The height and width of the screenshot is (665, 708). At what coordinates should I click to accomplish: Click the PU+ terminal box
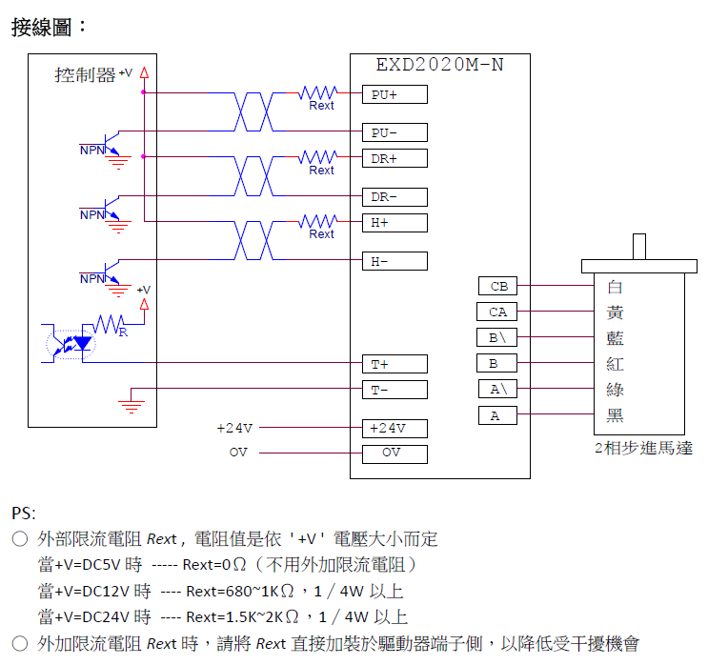tap(394, 94)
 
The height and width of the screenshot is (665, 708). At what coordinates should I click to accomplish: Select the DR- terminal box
tap(394, 197)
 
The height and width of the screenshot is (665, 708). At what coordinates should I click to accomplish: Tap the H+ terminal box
tap(394, 222)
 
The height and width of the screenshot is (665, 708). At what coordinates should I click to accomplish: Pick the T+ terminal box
tap(394, 363)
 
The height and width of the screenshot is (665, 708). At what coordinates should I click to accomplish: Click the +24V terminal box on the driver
tap(394, 428)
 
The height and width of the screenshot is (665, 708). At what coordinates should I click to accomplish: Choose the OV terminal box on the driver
tap(394, 453)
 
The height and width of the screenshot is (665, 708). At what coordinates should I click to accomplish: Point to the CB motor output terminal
tap(497, 286)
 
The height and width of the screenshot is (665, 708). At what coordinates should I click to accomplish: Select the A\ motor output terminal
tap(497, 389)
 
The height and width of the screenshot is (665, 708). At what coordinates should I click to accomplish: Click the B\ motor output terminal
tap(497, 337)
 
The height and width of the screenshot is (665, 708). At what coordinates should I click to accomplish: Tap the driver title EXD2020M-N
tap(439, 66)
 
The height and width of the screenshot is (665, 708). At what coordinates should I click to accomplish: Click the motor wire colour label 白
tap(615, 287)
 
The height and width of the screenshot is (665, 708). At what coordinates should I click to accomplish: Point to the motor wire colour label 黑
tap(615, 415)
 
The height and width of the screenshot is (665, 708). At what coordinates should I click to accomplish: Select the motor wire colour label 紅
tap(615, 364)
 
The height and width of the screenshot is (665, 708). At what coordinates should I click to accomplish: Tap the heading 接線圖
tap(49, 27)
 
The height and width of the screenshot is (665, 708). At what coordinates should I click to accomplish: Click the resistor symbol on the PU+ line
tap(318, 93)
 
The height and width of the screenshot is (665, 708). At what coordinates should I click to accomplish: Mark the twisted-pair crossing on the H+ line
tap(253, 240)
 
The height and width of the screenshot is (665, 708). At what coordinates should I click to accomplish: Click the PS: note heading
tap(25, 514)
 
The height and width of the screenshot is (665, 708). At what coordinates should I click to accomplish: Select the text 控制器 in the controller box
tap(85, 74)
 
